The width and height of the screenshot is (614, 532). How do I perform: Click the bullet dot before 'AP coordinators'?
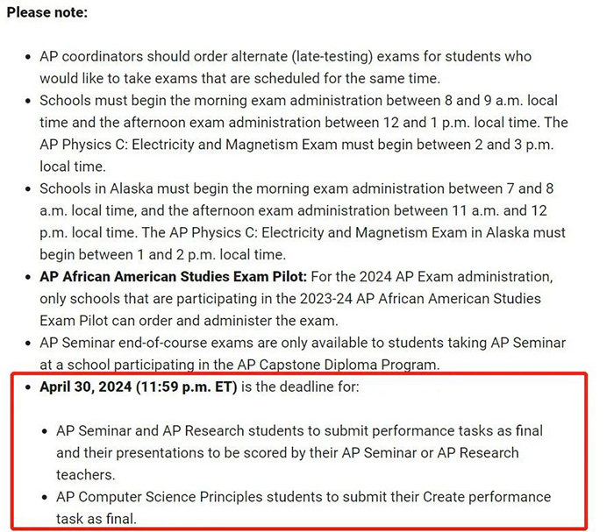[29, 56]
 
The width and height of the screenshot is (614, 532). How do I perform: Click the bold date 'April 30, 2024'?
[86, 387]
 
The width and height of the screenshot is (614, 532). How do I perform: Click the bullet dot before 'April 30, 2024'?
[29, 387]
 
